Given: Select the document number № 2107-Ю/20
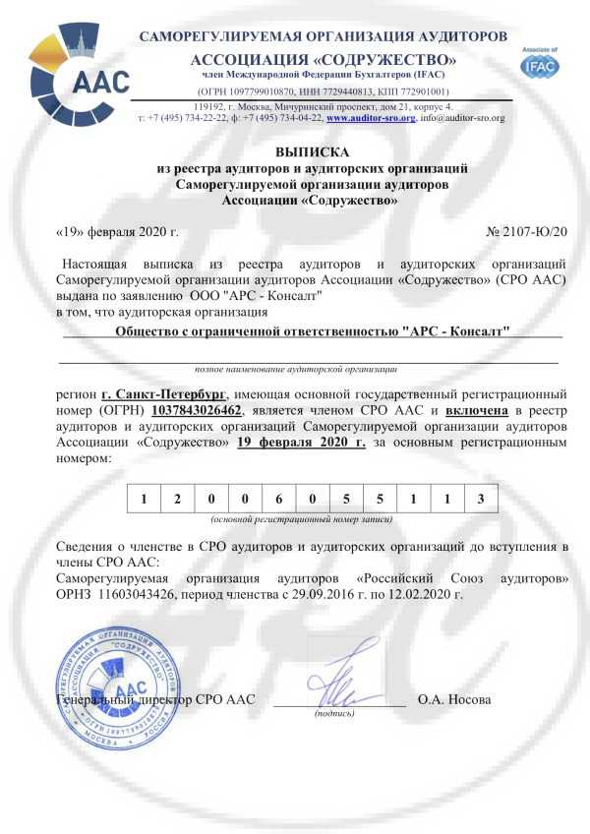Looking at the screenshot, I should coord(527,231).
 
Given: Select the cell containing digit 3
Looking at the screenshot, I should coord(481,499).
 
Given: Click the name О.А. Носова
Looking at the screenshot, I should coord(454,700).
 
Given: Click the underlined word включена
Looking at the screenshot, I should coord(479,408).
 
